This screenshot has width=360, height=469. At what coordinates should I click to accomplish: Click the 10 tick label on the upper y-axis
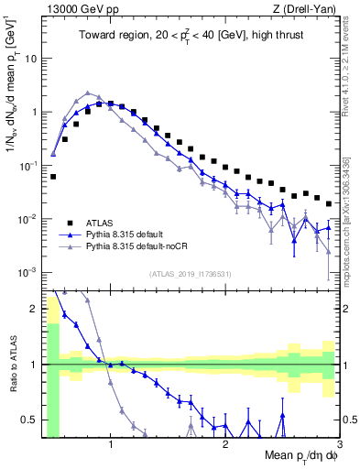tap(29, 58)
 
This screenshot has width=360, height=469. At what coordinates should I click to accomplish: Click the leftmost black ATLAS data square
tap(53, 176)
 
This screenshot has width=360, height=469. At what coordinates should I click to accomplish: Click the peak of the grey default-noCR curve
tap(87, 93)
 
